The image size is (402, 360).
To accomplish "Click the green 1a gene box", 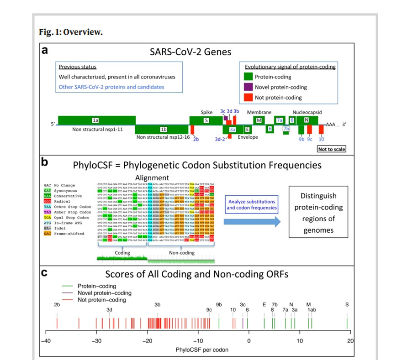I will [x=95, y=120].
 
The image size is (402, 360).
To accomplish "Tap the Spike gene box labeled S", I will [x=206, y=120].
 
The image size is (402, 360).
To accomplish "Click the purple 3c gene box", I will [x=226, y=118].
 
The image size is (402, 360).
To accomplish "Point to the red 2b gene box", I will [x=193, y=129].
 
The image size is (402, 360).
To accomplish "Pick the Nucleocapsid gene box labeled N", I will [x=307, y=120].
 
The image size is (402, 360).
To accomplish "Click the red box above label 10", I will [x=321, y=129].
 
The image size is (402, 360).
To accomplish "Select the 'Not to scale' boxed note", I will [x=332, y=149].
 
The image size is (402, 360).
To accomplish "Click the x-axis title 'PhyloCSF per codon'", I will [x=197, y=350].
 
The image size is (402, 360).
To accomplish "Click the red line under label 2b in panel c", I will [x=57, y=323].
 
